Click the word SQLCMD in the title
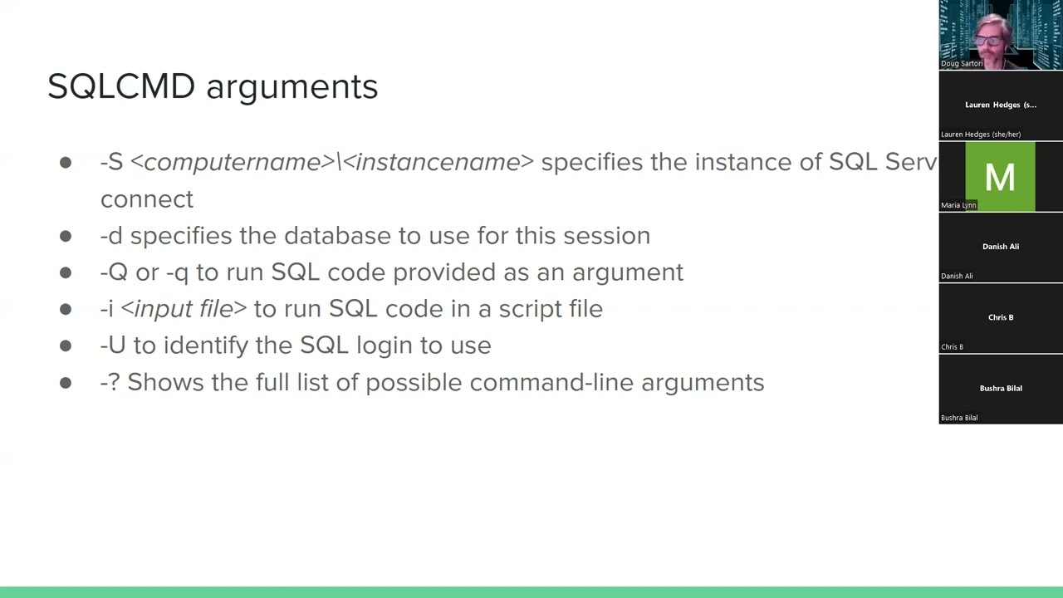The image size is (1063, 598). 121,86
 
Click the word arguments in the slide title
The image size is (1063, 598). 291,87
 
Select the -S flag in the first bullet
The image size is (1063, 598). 111,162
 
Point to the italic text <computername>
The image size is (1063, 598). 232,162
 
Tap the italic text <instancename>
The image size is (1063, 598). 438,162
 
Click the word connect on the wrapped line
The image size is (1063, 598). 147,199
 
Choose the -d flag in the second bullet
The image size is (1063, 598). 111,236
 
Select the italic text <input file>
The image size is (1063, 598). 184,309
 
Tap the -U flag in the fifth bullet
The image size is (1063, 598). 113,346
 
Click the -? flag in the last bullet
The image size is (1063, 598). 110,382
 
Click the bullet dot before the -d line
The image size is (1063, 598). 66,236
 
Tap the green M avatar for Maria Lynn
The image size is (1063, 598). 1000,176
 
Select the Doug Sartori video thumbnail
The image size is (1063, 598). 1000,35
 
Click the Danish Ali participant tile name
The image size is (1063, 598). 1000,247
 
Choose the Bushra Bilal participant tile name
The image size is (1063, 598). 1000,389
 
